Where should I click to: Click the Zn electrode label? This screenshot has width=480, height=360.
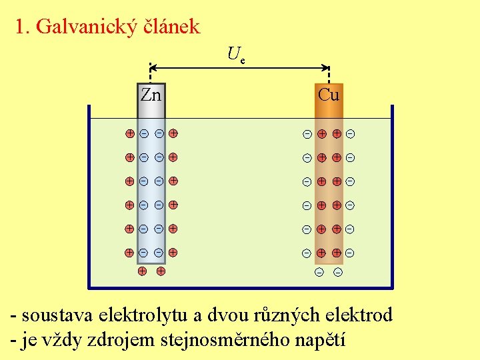(x=151, y=95)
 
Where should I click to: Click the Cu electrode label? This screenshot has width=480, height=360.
(x=328, y=95)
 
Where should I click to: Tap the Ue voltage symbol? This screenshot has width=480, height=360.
(x=235, y=54)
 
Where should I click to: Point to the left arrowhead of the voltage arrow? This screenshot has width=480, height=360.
(x=153, y=67)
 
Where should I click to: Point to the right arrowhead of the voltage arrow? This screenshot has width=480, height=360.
(x=327, y=67)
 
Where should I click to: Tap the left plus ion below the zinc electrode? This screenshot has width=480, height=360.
(x=142, y=271)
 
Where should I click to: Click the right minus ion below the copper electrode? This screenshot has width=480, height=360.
(x=337, y=272)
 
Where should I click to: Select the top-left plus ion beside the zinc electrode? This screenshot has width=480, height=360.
(x=130, y=133)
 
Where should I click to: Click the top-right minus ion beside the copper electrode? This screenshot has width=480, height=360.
(x=350, y=134)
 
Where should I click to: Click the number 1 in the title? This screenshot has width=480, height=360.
(x=20, y=27)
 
